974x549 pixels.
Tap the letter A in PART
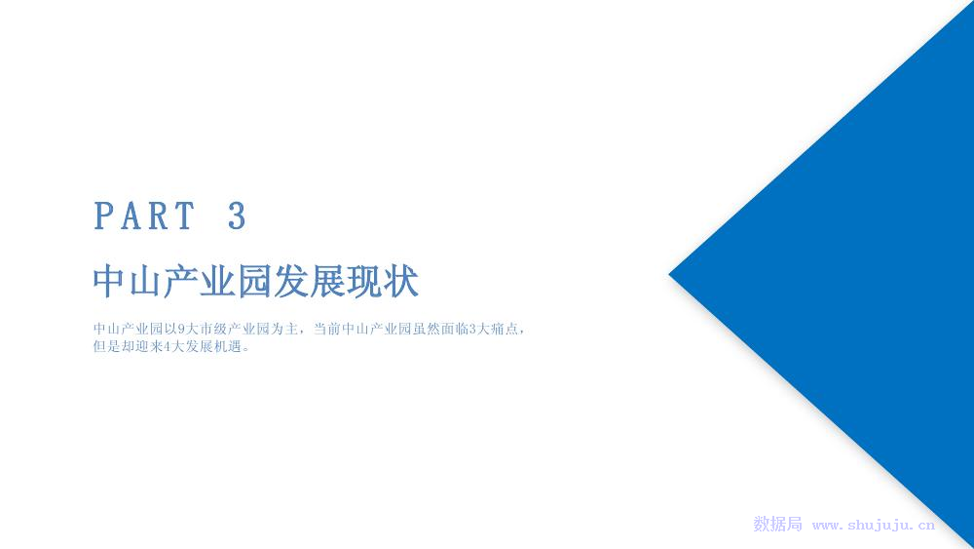pyautogui.click(x=131, y=216)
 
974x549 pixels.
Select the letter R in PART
pyautogui.click(x=159, y=216)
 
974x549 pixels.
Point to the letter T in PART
pyautogui.click(x=184, y=216)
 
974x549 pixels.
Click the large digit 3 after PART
pyautogui.click(x=237, y=216)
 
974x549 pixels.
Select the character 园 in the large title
pyautogui.click(x=255, y=281)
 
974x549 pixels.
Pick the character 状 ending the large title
pyautogui.click(x=401, y=281)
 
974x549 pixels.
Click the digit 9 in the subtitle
pyautogui.click(x=181, y=329)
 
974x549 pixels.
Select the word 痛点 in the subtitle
pyautogui.click(x=504, y=329)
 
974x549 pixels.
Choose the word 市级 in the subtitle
pyautogui.click(x=213, y=329)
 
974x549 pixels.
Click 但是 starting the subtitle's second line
pyautogui.click(x=107, y=347)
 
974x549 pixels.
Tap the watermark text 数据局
pyautogui.click(x=777, y=524)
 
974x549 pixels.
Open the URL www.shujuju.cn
pyautogui.click(x=874, y=526)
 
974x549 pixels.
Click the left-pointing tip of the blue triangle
pyautogui.click(x=670, y=274)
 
